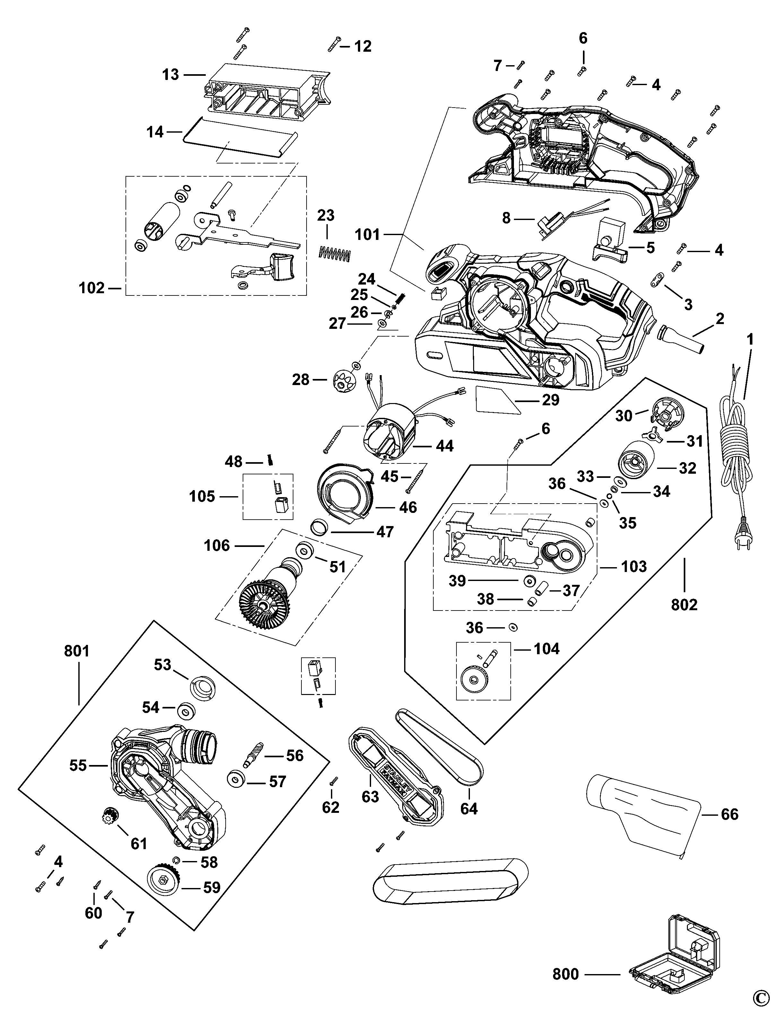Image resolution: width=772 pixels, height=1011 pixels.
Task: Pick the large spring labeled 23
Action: [334, 253]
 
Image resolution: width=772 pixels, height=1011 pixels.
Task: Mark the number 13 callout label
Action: [170, 75]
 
